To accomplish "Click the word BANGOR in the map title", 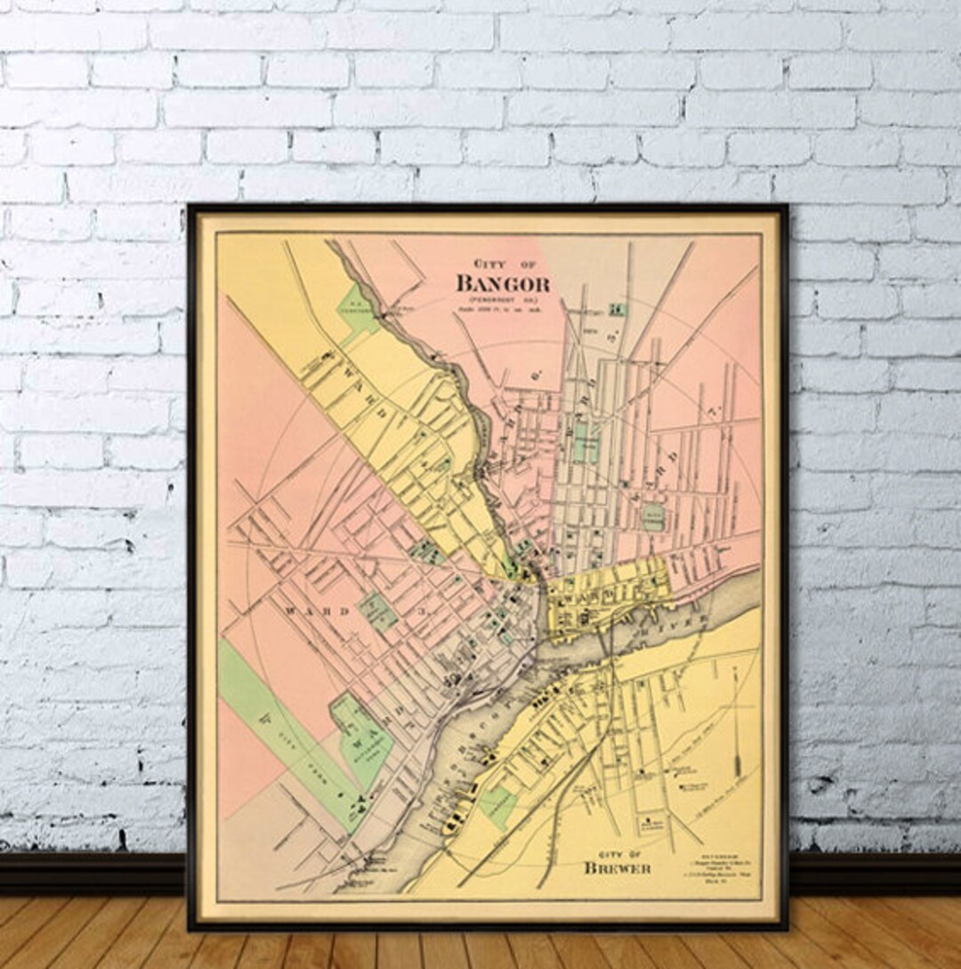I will pyautogui.click(x=502, y=284).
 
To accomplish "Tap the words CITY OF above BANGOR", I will pyautogui.click(x=502, y=265).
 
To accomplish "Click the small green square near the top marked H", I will pyautogui.click(x=613, y=309).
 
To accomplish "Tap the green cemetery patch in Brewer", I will pyautogui.click(x=497, y=807).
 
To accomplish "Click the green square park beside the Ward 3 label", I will pyautogui.click(x=377, y=612).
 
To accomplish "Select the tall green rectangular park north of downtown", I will pyautogui.click(x=585, y=442).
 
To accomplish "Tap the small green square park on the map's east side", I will pyautogui.click(x=653, y=517).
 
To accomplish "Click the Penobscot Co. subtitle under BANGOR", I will pyautogui.click(x=502, y=299).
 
